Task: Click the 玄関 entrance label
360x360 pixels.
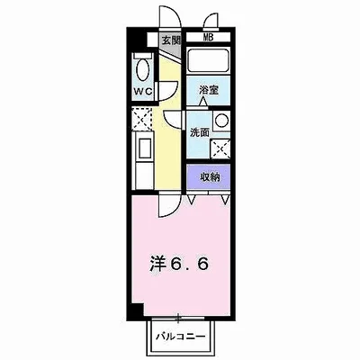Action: pos(171,40)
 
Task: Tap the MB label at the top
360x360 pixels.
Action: pos(208,37)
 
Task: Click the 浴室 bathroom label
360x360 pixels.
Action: pos(209,90)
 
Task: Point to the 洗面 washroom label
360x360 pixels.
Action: pos(199,132)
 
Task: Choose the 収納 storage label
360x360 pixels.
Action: pos(210,177)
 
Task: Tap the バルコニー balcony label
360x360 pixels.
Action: pos(180,337)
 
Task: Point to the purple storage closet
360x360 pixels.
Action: pos(210,177)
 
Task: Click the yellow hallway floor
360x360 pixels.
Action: pos(171,153)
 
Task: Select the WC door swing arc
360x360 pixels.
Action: pos(165,90)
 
